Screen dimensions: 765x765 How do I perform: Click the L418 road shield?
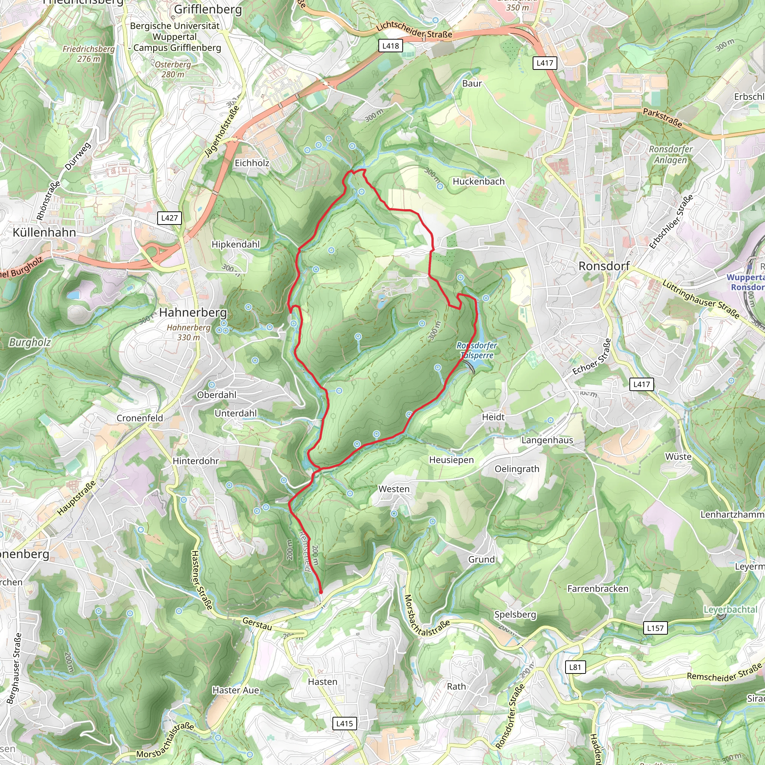coord(390,46)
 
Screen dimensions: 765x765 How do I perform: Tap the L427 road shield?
coord(170,218)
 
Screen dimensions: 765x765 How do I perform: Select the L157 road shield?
coord(655,628)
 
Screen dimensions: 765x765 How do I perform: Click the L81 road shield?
coord(575,667)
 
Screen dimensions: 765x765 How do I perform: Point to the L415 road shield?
coord(344,724)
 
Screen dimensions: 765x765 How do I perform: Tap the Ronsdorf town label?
coord(604,266)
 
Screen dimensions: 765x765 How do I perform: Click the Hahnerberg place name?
coord(193,312)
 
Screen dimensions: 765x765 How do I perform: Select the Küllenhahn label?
coord(44,232)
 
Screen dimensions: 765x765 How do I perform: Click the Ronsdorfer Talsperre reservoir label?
coord(477,350)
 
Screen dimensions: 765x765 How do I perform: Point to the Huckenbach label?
coord(478,181)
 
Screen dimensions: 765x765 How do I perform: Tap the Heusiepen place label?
coord(451,460)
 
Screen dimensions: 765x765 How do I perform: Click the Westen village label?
coord(394,489)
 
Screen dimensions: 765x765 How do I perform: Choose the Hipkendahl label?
coord(236,244)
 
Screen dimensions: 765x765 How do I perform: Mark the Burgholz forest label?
coord(30,343)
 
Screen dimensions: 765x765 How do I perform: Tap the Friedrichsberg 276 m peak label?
coord(89,54)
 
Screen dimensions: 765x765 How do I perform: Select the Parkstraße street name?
coord(662,118)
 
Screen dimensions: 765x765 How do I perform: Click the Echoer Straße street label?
coord(592,357)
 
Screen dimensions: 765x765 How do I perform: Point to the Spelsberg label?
coord(515,614)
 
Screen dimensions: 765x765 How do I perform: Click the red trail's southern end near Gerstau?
coord(321,592)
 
